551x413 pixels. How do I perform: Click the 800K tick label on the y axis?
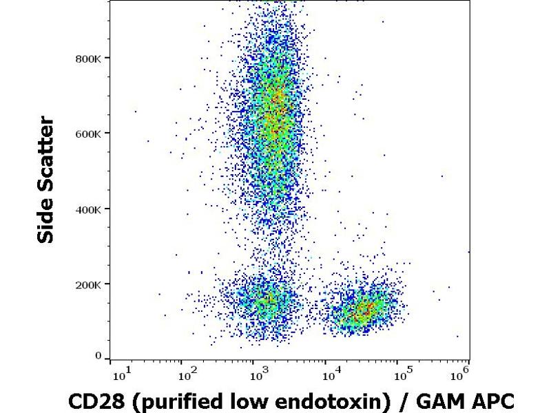(88, 58)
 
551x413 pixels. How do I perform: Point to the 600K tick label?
(88, 134)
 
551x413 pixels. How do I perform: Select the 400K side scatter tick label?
(88, 209)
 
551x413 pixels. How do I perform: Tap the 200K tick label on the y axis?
(88, 284)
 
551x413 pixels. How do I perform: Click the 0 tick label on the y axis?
(98, 356)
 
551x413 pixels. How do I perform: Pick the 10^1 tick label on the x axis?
(119, 374)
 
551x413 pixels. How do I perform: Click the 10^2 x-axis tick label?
(186, 374)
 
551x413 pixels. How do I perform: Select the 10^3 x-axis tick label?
(258, 374)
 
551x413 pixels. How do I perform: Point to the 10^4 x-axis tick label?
(330, 374)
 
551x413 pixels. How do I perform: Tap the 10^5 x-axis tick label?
(402, 374)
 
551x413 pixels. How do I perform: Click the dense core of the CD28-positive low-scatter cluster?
(367, 308)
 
